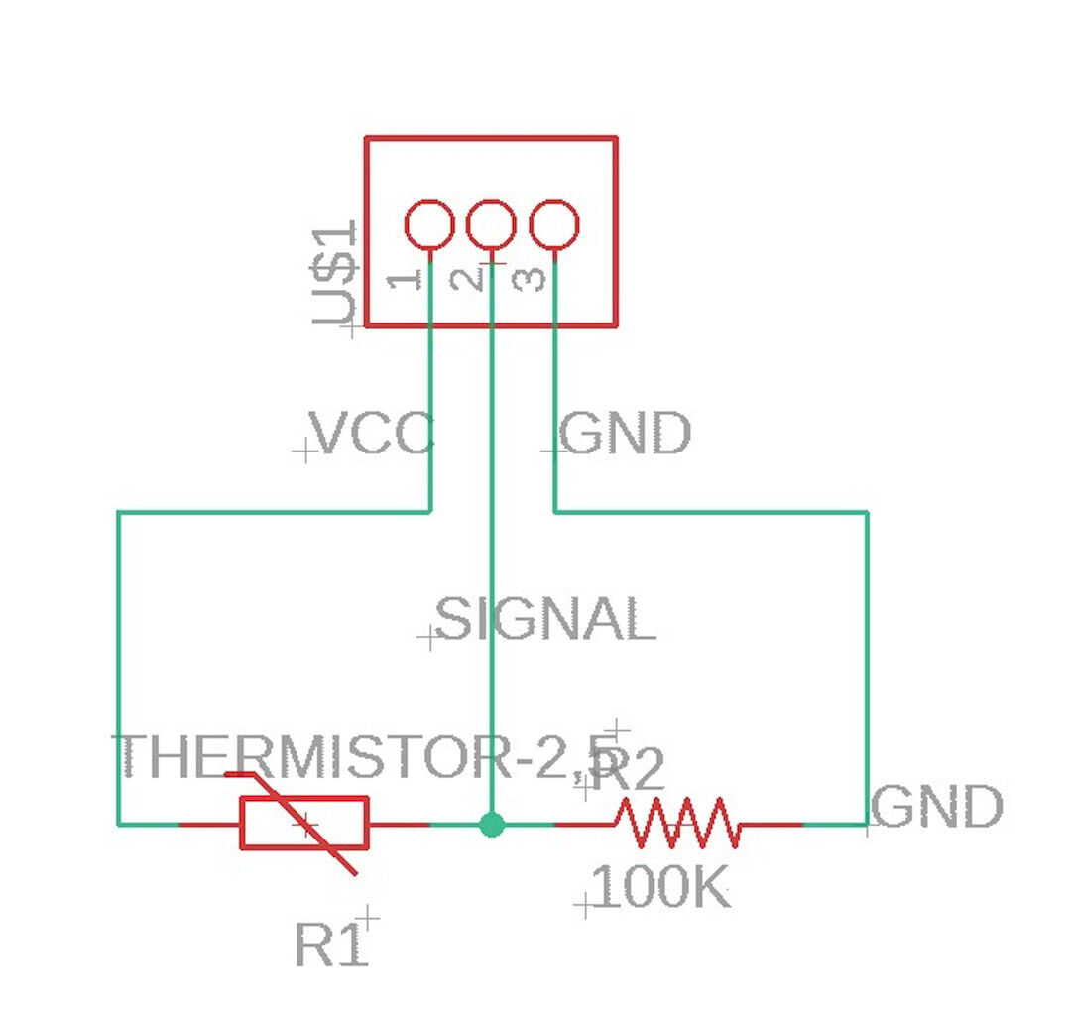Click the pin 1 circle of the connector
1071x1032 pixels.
(429, 224)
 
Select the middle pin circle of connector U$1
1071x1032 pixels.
(491, 224)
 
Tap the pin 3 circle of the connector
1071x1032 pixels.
(553, 224)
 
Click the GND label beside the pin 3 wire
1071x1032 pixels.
(626, 434)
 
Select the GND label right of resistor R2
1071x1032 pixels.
(938, 807)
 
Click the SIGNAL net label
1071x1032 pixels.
(546, 620)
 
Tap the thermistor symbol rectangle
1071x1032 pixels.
(304, 823)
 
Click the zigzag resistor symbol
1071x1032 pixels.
(678, 823)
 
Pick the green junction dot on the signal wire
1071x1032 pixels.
(491, 824)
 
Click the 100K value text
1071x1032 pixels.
(660, 888)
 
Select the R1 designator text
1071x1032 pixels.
(331, 945)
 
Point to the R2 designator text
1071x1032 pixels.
(627, 769)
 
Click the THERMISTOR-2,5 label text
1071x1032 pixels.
(367, 757)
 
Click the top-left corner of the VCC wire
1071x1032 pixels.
(119, 512)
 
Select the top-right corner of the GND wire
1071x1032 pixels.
(868, 512)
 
